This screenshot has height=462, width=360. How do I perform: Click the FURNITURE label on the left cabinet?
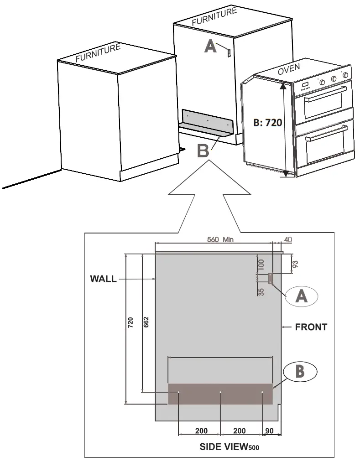coord(98,52)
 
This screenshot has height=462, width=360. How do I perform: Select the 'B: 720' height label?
coord(268,122)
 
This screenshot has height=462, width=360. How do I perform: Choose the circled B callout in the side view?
coord(299,371)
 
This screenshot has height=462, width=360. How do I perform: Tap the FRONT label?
coord(311,327)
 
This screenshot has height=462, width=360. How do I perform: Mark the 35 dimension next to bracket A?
coord(261,291)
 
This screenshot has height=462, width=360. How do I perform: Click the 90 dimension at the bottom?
coord(269,431)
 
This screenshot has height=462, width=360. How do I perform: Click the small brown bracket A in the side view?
coord(271,278)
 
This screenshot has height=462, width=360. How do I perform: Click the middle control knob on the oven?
coord(334,79)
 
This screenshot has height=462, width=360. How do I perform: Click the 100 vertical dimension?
coord(261,266)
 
